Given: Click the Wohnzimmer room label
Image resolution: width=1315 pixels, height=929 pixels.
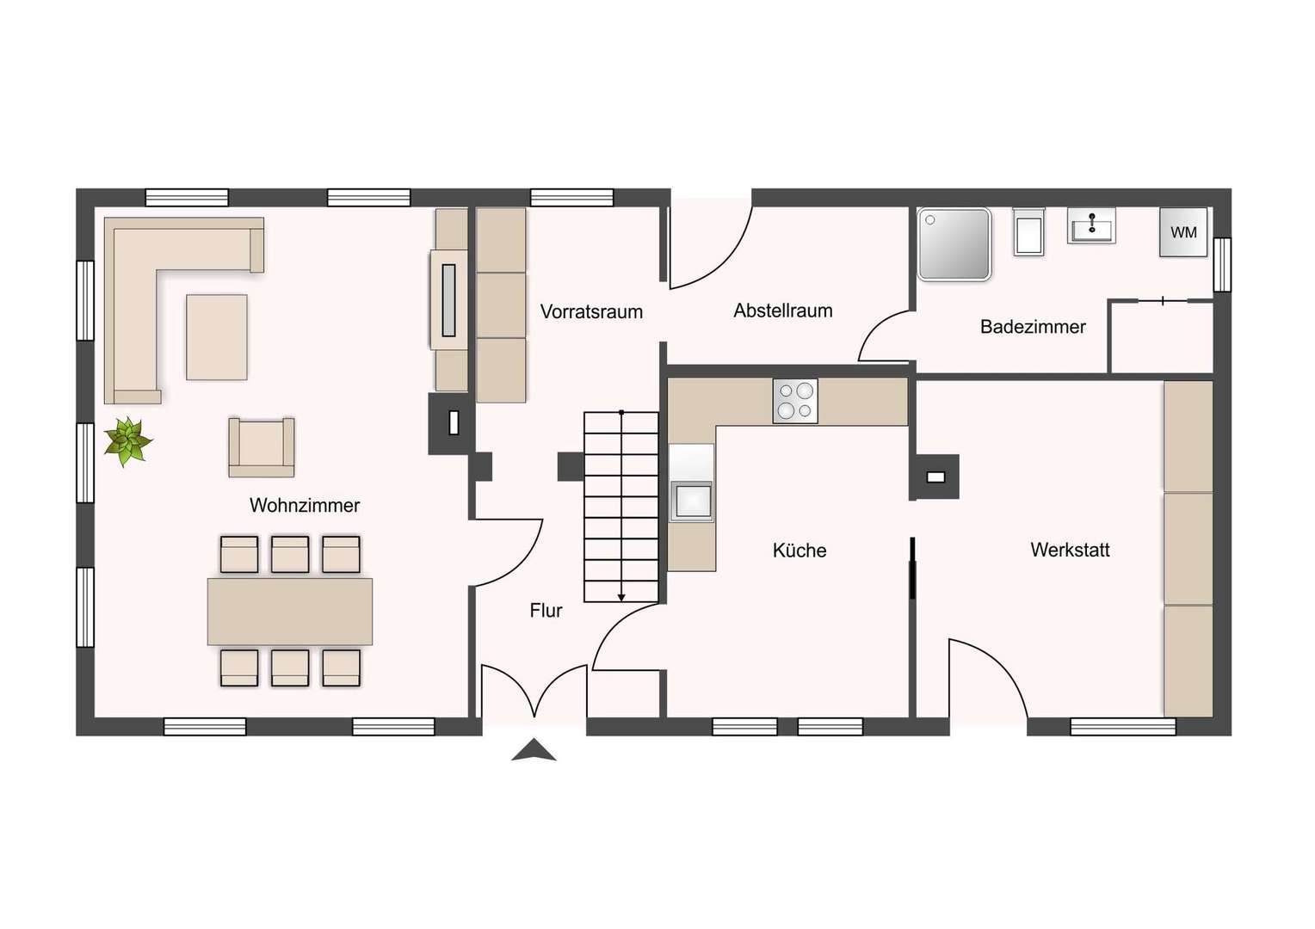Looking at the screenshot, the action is pyautogui.click(x=305, y=505).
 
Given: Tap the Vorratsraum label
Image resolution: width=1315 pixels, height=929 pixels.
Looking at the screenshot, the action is pyautogui.click(x=591, y=311).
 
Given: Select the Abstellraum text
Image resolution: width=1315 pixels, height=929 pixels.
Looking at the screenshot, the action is pyautogui.click(x=783, y=311).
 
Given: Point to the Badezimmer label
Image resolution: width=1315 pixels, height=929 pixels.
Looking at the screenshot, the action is pyautogui.click(x=1033, y=327).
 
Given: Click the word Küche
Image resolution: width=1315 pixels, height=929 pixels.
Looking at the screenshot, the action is pyautogui.click(x=799, y=551).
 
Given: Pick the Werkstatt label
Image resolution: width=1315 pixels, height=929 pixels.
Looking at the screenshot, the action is pyautogui.click(x=1071, y=550).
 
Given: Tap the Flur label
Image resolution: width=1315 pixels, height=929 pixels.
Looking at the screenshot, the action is pyautogui.click(x=546, y=611).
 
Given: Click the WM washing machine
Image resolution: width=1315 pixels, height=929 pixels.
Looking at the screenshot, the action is pyautogui.click(x=1183, y=231).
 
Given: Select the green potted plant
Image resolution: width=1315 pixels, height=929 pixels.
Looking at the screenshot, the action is pyautogui.click(x=128, y=441).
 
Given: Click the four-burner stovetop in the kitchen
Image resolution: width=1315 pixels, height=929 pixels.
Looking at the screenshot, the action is pyautogui.click(x=795, y=401).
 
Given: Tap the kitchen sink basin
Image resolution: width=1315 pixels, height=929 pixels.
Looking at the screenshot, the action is pyautogui.click(x=692, y=501).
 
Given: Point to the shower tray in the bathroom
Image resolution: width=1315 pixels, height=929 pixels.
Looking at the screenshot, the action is pyautogui.click(x=954, y=244).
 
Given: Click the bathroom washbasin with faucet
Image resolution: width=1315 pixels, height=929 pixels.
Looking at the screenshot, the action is pyautogui.click(x=1091, y=225).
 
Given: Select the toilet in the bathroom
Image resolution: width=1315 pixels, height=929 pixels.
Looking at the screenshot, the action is pyautogui.click(x=1028, y=231).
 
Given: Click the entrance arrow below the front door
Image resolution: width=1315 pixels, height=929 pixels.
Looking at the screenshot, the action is pyautogui.click(x=534, y=750).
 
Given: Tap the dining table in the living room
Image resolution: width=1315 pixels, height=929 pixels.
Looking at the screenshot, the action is pyautogui.click(x=290, y=612).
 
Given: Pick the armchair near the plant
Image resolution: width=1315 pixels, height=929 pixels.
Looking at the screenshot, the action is pyautogui.click(x=262, y=447).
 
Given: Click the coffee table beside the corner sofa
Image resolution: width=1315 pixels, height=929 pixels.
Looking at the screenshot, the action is pyautogui.click(x=217, y=337).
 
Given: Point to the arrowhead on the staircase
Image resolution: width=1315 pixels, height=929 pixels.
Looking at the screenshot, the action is pyautogui.click(x=621, y=598).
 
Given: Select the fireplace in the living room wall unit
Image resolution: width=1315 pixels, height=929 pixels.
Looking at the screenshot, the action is pyautogui.click(x=449, y=300).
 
